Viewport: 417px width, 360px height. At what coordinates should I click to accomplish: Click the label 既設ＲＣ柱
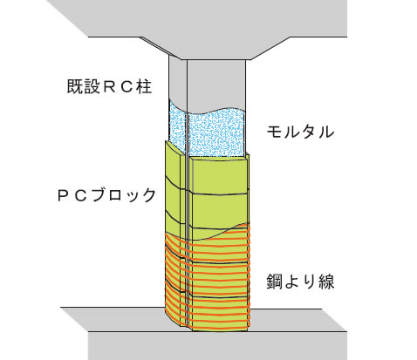tap(109, 86)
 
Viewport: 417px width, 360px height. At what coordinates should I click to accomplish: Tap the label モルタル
tap(300, 132)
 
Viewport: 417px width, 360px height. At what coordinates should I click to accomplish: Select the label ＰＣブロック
tap(107, 194)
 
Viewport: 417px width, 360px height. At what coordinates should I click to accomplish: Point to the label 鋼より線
tap(300, 282)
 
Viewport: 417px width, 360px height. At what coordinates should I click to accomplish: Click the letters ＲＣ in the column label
tap(118, 86)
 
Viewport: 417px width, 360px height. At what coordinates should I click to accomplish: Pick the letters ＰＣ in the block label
tap(72, 195)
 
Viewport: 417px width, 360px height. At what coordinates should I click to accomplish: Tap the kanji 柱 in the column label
tap(144, 86)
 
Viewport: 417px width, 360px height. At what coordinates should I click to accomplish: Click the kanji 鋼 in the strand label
tap(275, 282)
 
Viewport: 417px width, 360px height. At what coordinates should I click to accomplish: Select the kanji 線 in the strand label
tap(326, 282)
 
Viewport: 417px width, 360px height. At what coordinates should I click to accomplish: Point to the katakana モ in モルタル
tap(275, 132)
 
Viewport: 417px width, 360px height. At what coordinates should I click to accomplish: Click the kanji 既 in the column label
tap(75, 86)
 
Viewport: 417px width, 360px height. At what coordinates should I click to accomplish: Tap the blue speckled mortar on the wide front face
tap(215, 133)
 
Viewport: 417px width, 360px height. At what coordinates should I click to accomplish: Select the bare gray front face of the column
tap(215, 85)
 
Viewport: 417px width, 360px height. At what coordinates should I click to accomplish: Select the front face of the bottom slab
tap(217, 346)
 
